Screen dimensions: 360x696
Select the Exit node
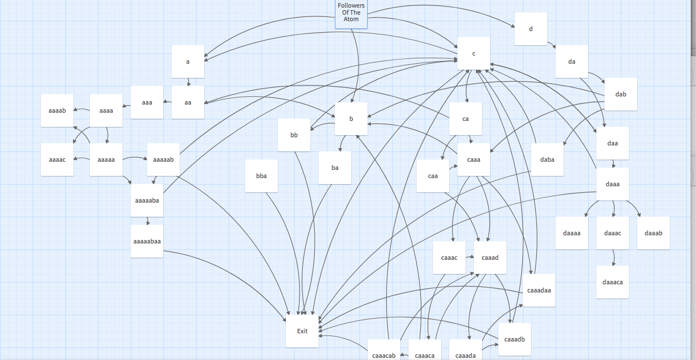[x=302, y=331]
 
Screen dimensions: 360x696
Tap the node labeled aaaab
[x=57, y=111]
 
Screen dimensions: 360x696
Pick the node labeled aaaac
[x=57, y=160]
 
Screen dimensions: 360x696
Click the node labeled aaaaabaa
[x=147, y=241]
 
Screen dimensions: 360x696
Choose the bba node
[x=261, y=176]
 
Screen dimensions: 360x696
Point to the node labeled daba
[x=547, y=160]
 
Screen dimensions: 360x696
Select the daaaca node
[x=613, y=282]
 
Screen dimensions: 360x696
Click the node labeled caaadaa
[x=539, y=290]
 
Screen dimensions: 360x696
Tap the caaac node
[x=449, y=258]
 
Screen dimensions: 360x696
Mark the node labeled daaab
[x=654, y=233]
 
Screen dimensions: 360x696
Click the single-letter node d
[x=531, y=29]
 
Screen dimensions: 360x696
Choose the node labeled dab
[x=621, y=94]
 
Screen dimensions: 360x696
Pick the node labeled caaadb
[x=515, y=339]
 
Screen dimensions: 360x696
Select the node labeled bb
[x=294, y=135]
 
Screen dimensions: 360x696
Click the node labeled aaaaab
[x=163, y=160]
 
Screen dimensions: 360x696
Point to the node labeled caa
[x=433, y=176]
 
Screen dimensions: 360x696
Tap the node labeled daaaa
[x=572, y=233]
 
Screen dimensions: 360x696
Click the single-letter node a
[x=188, y=62]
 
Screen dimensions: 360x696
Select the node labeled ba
[x=335, y=168]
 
